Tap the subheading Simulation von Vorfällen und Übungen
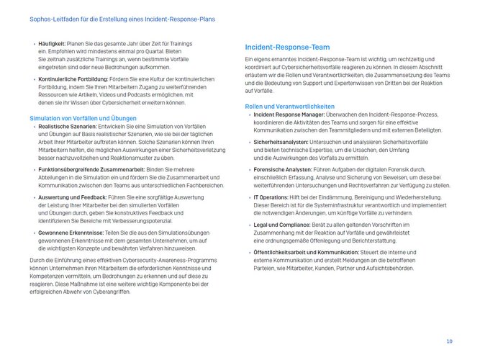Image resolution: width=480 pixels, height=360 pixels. pos(83,117)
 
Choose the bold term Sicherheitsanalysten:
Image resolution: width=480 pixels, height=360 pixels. pos(279,143)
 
